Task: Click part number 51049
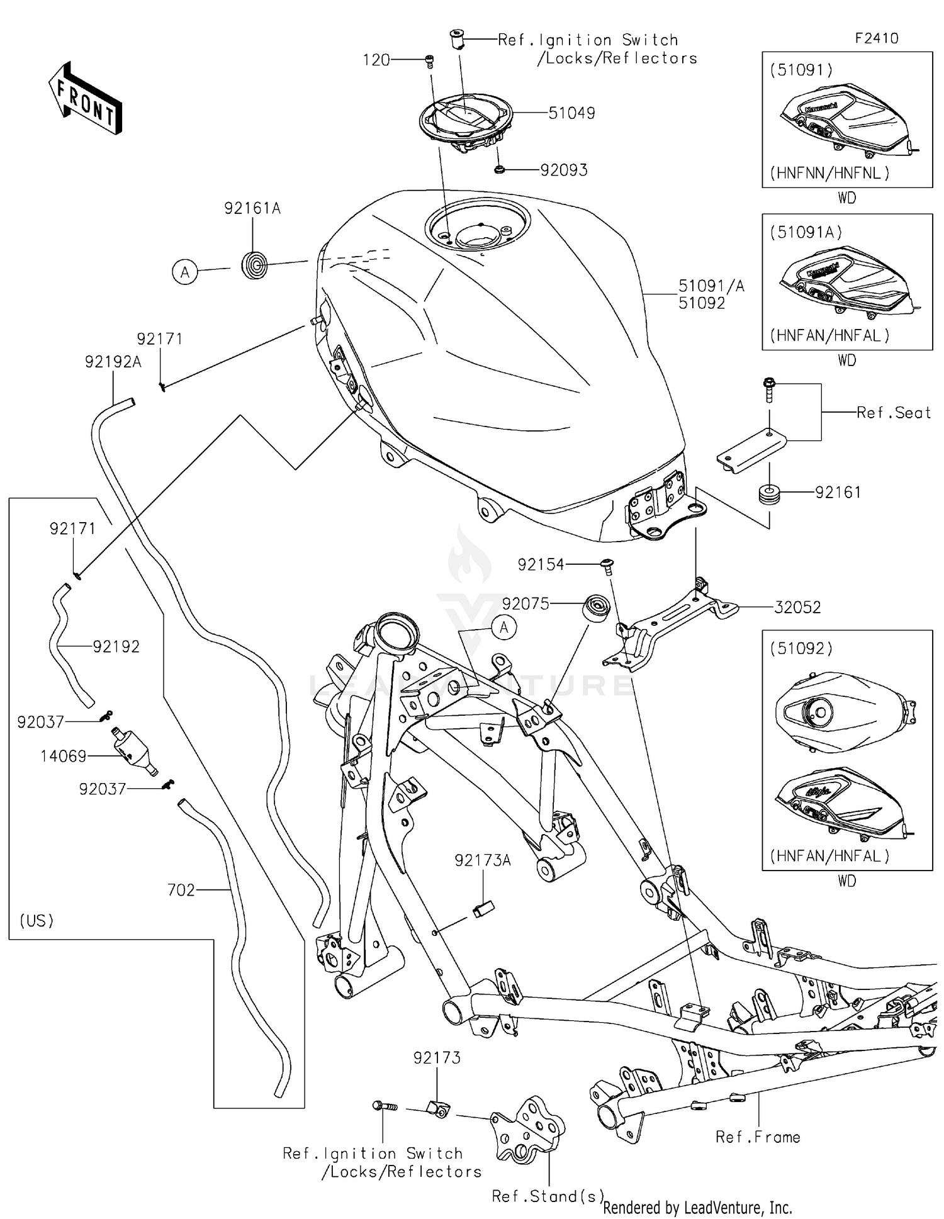[x=571, y=113]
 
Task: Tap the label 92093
[x=563, y=170]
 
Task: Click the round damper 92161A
[x=255, y=265]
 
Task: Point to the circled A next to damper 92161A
[x=185, y=272]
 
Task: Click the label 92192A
[x=113, y=362]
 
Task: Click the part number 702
[x=181, y=890]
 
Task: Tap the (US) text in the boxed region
[x=37, y=921]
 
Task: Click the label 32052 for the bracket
[x=797, y=607]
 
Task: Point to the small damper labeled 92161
[x=769, y=493]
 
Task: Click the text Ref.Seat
[x=893, y=413]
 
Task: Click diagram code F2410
[x=876, y=38]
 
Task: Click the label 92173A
[x=482, y=860]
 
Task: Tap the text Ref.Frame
[x=758, y=1137]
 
